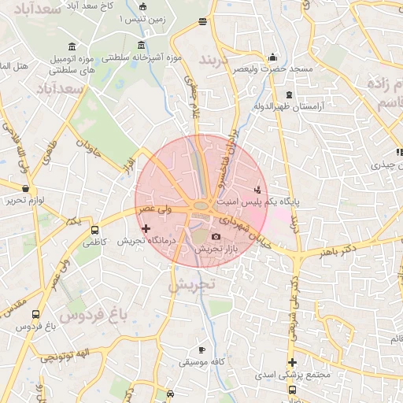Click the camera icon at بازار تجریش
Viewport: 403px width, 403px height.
216,236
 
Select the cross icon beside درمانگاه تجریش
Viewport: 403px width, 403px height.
146,228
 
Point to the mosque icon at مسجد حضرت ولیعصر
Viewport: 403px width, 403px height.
273,57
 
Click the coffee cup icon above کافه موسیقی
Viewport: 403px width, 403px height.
202,349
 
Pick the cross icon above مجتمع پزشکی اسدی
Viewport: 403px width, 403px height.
292,363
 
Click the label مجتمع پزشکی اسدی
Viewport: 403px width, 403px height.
292,375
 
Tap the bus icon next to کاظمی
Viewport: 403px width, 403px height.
95,231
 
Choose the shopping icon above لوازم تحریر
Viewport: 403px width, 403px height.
26,189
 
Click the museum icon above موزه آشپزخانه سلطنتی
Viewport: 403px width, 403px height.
141,44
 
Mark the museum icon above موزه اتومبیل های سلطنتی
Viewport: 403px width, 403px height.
73,44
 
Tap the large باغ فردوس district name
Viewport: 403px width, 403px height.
92,316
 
